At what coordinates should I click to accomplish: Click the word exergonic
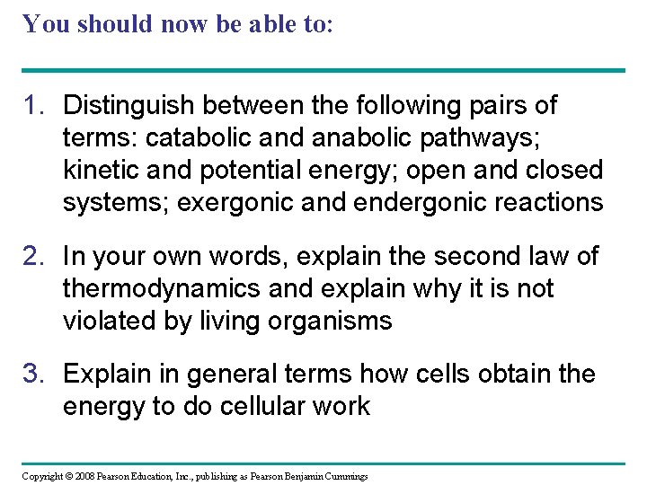pos(238,203)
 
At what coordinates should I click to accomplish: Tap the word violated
pos(101,322)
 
